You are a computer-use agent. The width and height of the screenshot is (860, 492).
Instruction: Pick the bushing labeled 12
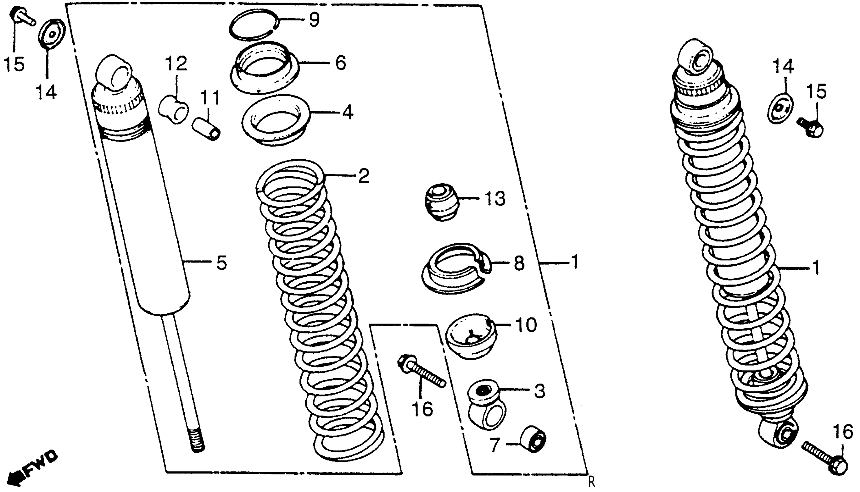coord(173,109)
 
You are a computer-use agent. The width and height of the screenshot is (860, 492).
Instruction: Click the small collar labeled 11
coord(206,129)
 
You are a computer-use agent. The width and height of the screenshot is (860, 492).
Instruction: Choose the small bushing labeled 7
coord(533,439)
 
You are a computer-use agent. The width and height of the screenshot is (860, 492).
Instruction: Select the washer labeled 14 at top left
coord(51,34)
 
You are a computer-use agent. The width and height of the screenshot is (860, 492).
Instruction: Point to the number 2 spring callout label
coord(363,176)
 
